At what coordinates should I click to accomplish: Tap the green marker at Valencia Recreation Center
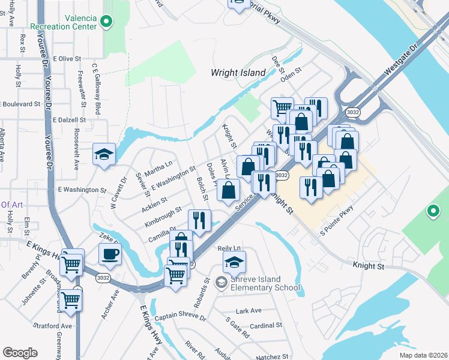click(x=106, y=23)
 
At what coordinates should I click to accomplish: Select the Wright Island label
click(x=238, y=73)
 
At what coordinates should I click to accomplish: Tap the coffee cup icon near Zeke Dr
click(x=110, y=254)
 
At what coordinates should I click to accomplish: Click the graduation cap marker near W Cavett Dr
click(x=104, y=154)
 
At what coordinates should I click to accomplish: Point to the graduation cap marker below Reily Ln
click(x=235, y=262)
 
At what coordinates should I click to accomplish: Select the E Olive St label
click(x=67, y=59)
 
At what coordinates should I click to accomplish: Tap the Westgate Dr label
click(x=400, y=60)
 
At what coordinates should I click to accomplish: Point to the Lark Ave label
click(x=249, y=311)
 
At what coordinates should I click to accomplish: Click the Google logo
click(x=20, y=353)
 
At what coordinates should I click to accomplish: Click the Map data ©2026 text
click(x=424, y=355)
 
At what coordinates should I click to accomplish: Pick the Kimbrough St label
click(x=163, y=217)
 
